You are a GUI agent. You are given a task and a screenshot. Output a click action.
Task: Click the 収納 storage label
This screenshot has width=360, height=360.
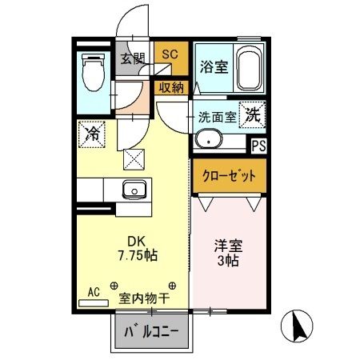click(x=170, y=87)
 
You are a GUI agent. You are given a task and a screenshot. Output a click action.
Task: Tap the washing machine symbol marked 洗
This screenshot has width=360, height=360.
click(x=253, y=114)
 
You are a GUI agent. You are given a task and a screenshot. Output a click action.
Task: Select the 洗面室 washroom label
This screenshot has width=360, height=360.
click(x=217, y=117)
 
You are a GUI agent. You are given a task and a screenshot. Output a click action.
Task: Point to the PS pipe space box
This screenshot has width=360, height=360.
click(x=258, y=146)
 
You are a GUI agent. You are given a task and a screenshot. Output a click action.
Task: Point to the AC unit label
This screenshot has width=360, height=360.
click(x=94, y=294)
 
